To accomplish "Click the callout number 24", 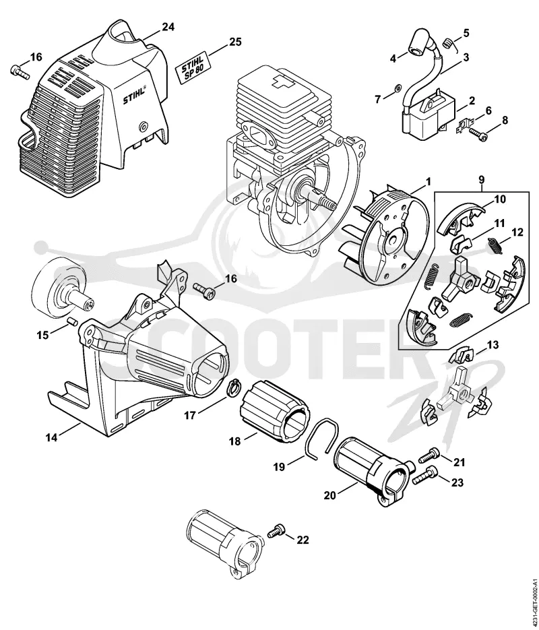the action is pos(168,28).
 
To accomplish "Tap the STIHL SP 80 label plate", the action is pos(193,67).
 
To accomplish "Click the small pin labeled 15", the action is pos(72,320).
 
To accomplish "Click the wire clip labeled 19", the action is pos(321,437).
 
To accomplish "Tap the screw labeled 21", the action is pos(429,455).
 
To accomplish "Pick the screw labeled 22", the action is pos(276,531).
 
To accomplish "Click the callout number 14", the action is pos(51,437).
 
